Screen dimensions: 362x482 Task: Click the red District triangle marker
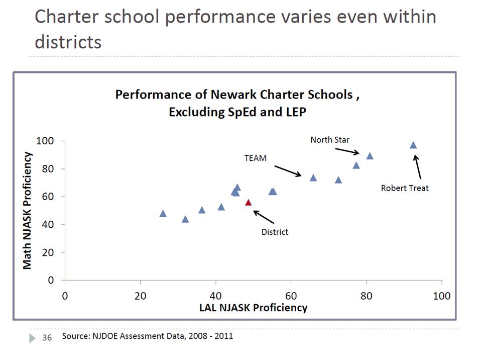click(248, 203)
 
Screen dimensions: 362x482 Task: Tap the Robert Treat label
click(405, 189)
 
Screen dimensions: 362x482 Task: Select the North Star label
click(329, 139)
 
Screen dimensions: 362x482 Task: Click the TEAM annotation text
click(255, 158)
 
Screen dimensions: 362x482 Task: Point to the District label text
click(275, 232)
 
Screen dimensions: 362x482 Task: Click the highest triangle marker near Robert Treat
click(413, 145)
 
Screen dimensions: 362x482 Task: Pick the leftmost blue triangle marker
click(163, 214)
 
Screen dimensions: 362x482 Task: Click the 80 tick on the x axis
click(367, 295)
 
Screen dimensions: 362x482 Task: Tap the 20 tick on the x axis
click(140, 295)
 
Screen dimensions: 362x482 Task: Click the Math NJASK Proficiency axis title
click(28, 211)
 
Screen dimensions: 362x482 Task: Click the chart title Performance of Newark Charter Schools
click(237, 95)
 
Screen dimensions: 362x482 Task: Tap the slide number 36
click(47, 337)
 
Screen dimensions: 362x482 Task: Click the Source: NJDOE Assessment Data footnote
click(147, 336)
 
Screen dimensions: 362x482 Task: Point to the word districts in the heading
click(68, 41)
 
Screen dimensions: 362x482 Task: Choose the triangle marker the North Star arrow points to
click(370, 156)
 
